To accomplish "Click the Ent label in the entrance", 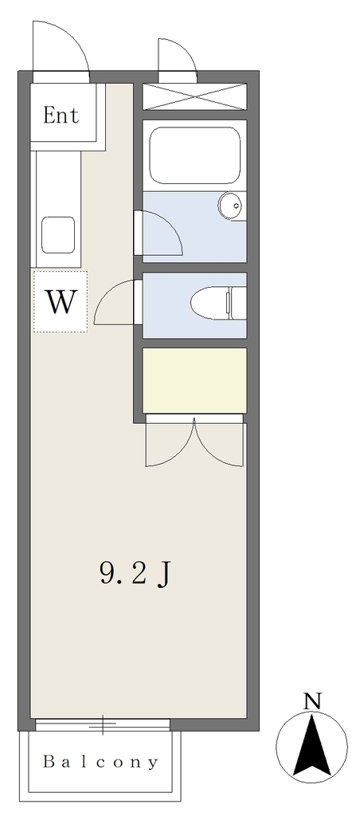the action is point(61,115).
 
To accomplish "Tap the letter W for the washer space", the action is point(61,301).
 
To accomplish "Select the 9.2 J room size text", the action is point(135,574).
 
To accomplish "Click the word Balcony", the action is point(100,763).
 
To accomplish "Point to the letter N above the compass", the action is point(312,701).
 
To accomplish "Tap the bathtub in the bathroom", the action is point(194,155).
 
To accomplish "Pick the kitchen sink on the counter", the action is point(58,235).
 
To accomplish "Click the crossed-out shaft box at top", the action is point(194,96).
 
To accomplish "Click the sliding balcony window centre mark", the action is point(103,724).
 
